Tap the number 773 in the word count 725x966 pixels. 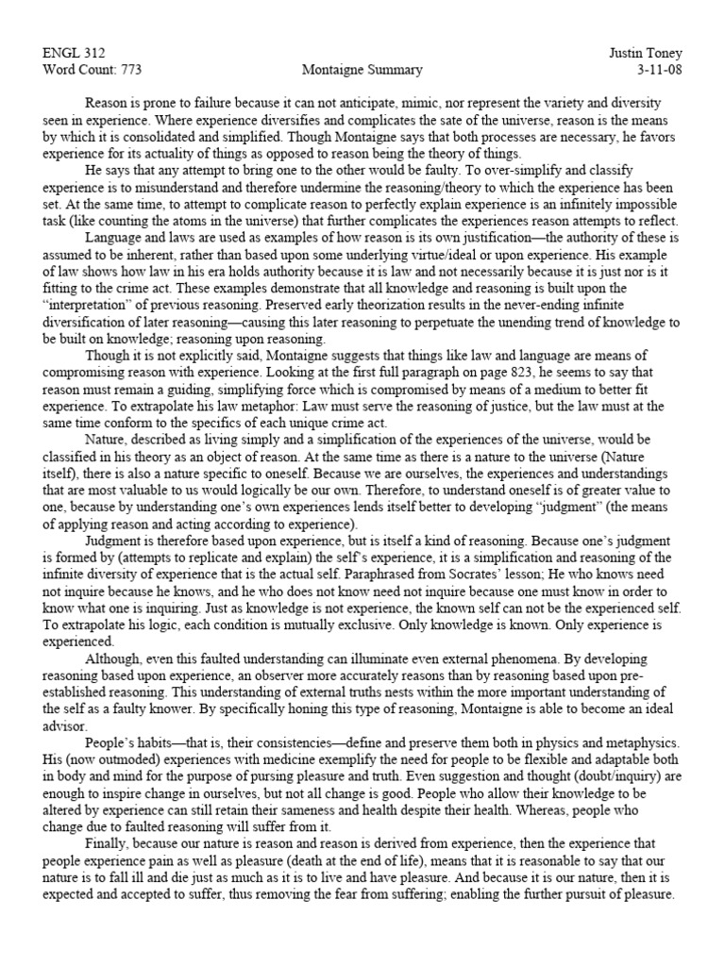click(129, 70)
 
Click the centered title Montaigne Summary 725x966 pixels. click(362, 70)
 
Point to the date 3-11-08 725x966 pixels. click(657, 70)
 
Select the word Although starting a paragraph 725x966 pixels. click(114, 658)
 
